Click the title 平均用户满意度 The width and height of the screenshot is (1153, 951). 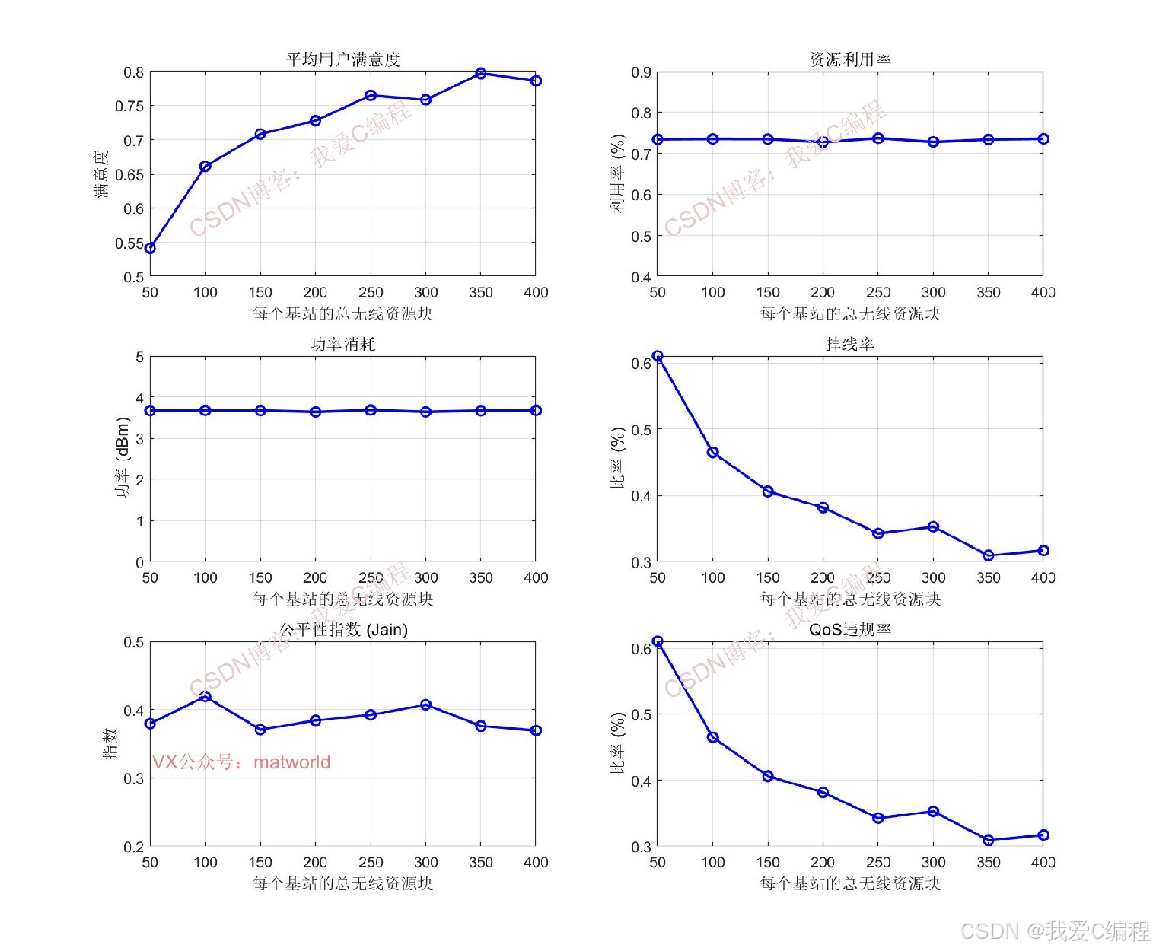[x=342, y=59]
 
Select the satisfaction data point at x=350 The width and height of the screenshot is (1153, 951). [x=481, y=74]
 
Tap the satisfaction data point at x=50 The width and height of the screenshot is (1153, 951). [x=151, y=248]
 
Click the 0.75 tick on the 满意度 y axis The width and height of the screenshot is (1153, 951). [x=129, y=107]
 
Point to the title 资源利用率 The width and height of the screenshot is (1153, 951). [x=850, y=59]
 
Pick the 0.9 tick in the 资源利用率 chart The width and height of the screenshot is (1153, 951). [x=641, y=72]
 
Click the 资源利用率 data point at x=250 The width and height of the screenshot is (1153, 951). [x=878, y=138]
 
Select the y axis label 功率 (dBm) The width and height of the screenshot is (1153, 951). [x=123, y=459]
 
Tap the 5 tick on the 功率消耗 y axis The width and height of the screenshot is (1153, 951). [x=139, y=357]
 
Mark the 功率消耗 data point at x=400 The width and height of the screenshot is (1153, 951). [x=536, y=411]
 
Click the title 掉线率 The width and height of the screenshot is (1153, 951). [x=850, y=345]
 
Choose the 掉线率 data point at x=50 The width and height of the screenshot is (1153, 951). [x=658, y=357]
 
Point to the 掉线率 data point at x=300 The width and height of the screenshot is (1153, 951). [x=933, y=526]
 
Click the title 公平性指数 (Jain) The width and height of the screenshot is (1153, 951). [x=343, y=630]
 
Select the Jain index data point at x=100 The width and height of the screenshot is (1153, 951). [x=205, y=695]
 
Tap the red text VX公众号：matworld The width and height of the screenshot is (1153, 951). [x=241, y=762]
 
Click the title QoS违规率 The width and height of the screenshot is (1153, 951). [x=850, y=630]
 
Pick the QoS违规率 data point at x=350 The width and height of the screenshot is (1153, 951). [x=989, y=840]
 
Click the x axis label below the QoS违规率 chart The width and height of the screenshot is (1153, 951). [x=850, y=883]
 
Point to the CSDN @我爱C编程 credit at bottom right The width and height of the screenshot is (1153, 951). [x=1055, y=931]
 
